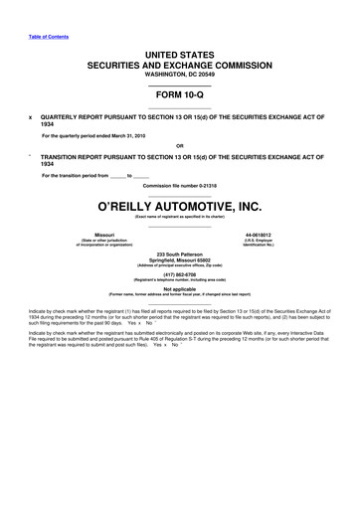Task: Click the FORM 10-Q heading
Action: (x=180, y=95)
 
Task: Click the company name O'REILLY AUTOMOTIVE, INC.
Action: (x=180, y=207)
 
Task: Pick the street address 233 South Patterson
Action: (x=180, y=254)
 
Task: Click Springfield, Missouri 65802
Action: (x=180, y=261)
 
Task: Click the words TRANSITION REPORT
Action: (x=74, y=156)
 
